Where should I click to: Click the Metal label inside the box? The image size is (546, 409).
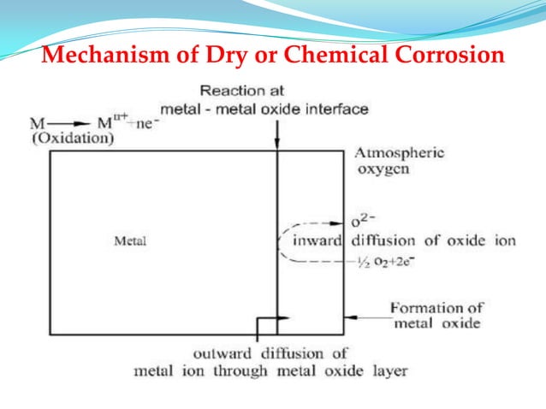[130, 241]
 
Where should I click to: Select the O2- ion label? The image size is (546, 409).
[367, 220]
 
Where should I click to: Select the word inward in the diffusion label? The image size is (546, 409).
[315, 240]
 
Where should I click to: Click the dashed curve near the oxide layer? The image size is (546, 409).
[281, 241]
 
